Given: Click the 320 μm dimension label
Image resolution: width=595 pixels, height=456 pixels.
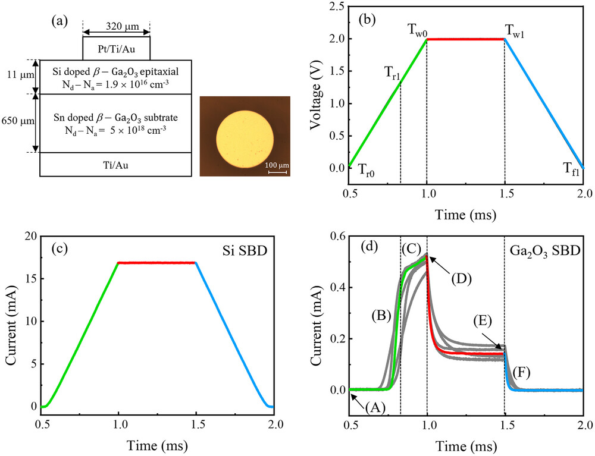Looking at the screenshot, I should point(116,26).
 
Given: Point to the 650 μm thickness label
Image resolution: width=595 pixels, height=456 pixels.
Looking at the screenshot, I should point(17,123).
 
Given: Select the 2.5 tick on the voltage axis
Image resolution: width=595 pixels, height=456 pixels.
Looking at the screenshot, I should point(337,7).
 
